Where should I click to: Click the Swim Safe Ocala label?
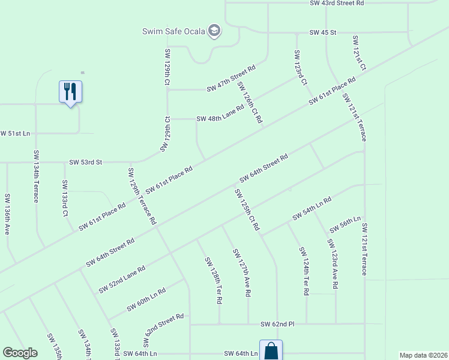click(x=173, y=31)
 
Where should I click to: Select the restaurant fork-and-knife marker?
click(x=70, y=92)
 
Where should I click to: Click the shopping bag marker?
click(x=271, y=350)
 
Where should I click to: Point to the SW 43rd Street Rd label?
click(x=337, y=3)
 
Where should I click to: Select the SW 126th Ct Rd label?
click(x=250, y=103)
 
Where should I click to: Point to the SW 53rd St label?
click(x=86, y=162)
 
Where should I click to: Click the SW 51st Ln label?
click(x=15, y=133)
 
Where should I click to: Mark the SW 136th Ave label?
click(x=8, y=213)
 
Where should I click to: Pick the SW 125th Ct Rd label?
click(x=247, y=209)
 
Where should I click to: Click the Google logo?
click(x=20, y=353)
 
